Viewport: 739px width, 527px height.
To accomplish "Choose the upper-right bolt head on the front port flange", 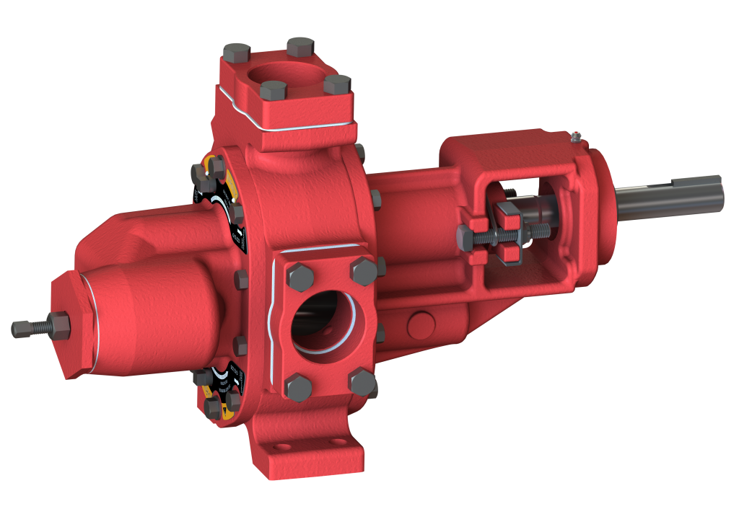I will click(x=362, y=269).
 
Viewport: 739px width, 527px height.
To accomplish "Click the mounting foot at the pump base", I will click(x=303, y=454).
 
